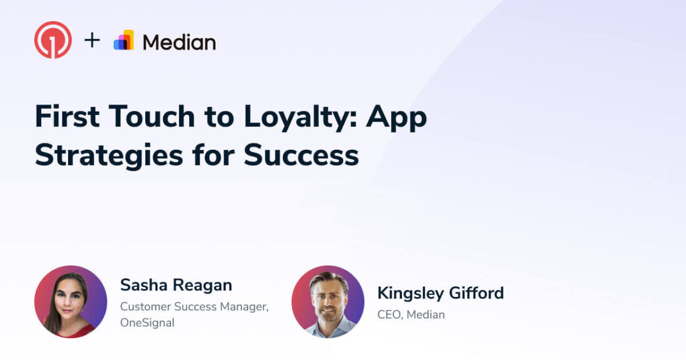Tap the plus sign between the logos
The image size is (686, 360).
(x=92, y=41)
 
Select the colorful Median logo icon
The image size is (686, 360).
(x=124, y=41)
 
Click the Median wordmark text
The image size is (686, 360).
(x=179, y=42)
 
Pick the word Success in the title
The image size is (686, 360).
(x=301, y=155)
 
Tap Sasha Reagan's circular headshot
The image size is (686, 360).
(x=70, y=301)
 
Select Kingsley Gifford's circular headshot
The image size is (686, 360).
(x=328, y=301)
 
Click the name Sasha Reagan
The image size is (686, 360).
(x=176, y=285)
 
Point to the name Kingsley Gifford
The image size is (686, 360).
(x=440, y=293)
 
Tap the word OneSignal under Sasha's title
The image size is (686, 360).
(x=147, y=323)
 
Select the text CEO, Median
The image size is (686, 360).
(x=410, y=314)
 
